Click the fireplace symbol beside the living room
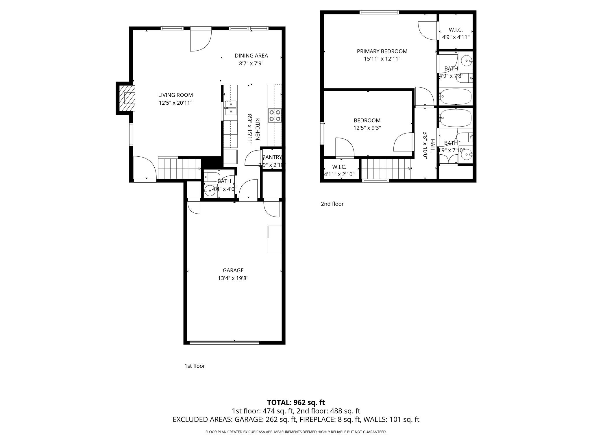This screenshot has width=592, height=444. pos(127,98)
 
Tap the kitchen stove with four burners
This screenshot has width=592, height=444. pos(275,115)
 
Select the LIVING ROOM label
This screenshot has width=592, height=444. pos(175,95)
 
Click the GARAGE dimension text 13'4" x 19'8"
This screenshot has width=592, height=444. pos(233,278)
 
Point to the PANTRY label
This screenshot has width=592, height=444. pos(271,157)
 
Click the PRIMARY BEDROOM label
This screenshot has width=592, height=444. pos(382,51)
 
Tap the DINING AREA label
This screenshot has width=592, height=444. pos(251,55)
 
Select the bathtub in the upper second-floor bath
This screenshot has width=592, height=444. pos(456,97)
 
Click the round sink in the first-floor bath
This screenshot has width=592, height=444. pos(209,190)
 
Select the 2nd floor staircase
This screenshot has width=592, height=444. pos(386,169)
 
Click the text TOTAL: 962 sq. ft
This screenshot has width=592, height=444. pos(296,402)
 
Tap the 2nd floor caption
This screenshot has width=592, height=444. pos(332,204)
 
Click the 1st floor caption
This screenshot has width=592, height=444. pos(195,366)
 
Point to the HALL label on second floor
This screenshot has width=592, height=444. pos(432,145)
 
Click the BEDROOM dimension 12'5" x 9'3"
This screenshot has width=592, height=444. pos(367,128)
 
